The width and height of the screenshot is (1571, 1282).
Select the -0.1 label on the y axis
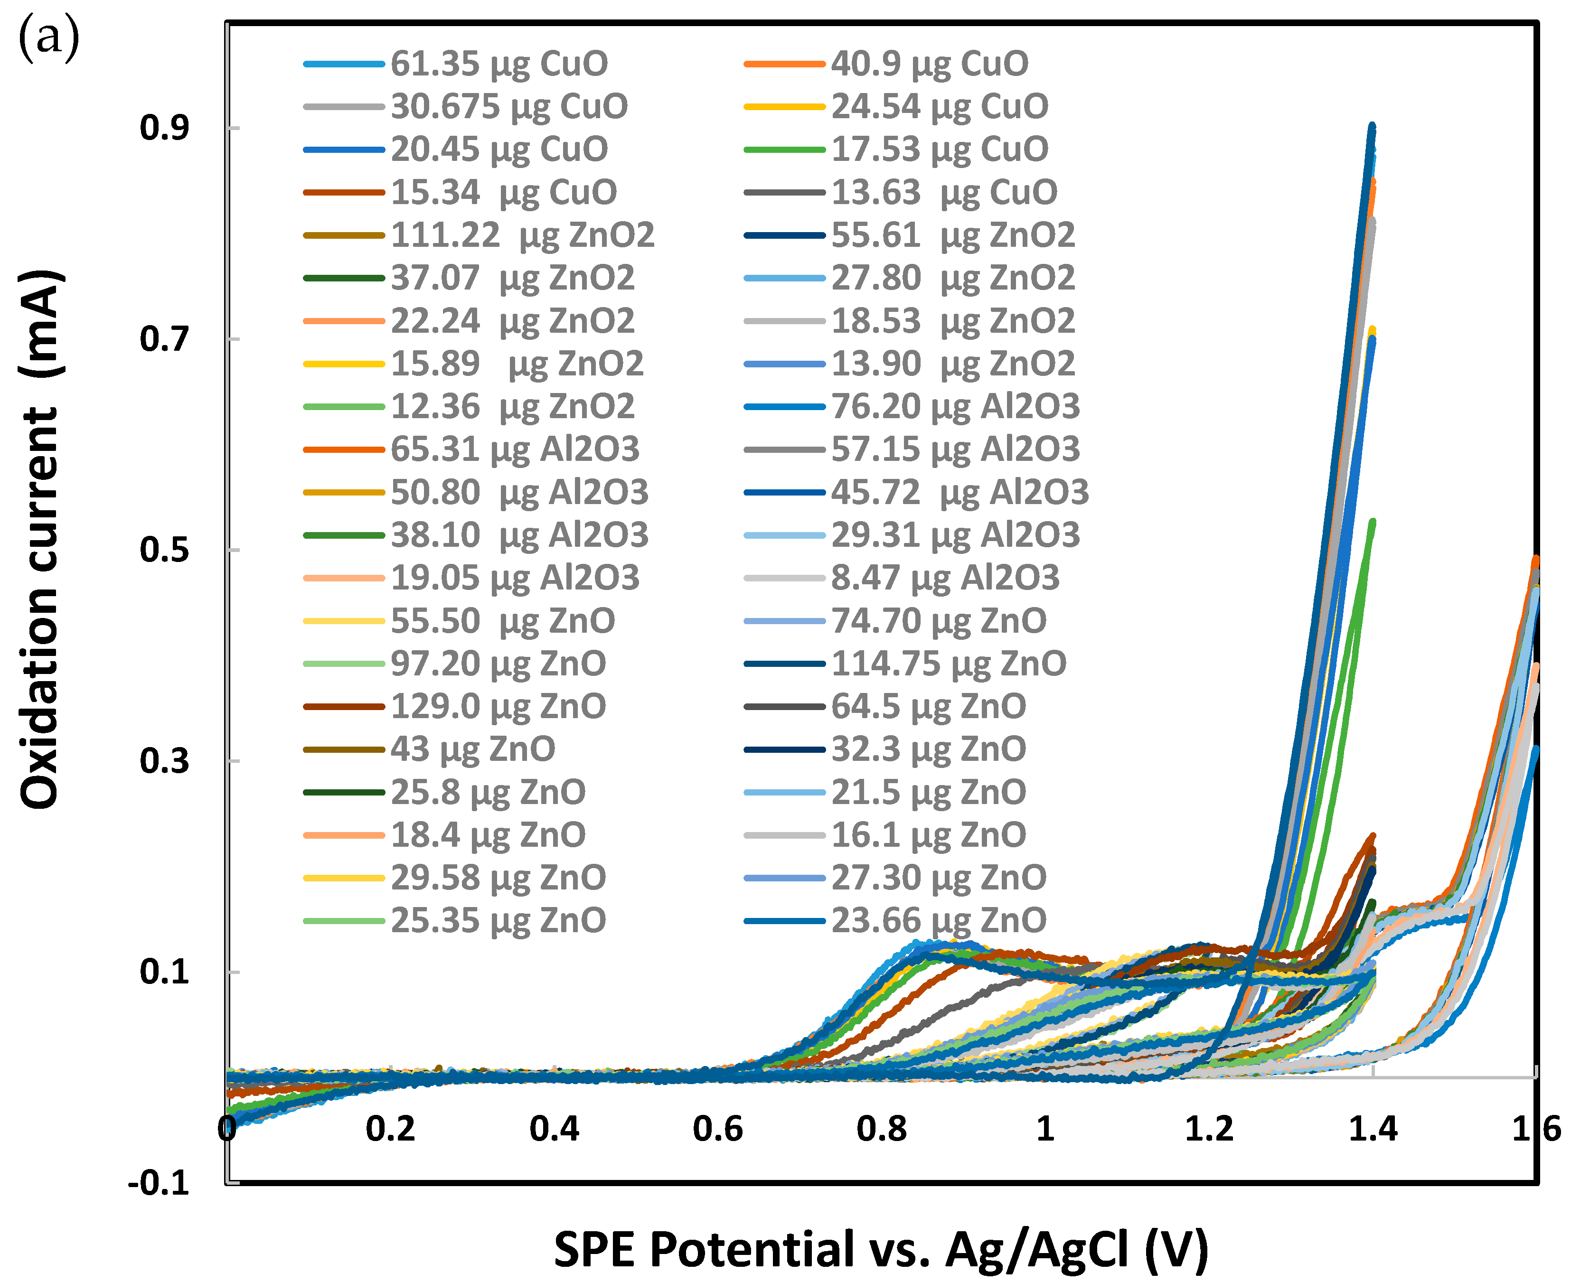click(159, 1184)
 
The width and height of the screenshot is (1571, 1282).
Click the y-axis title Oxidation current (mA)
click(41, 539)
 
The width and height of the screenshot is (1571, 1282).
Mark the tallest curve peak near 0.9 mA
click(1373, 127)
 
